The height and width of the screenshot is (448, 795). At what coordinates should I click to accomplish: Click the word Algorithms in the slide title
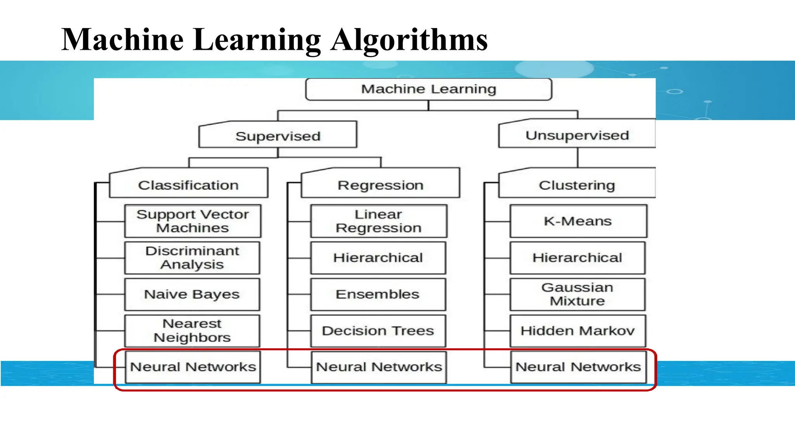pos(409,40)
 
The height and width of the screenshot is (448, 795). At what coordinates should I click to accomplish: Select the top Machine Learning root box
pos(429,89)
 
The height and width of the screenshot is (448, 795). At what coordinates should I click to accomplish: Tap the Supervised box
pos(278,136)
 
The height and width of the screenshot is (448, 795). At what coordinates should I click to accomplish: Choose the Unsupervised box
pos(577,135)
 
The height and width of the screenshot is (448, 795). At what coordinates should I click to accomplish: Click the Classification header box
pos(189,185)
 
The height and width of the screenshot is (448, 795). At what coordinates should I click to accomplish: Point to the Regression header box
pos(380,185)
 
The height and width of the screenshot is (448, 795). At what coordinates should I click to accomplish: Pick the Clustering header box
pos(577,185)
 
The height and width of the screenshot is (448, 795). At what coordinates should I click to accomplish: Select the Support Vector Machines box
pos(193,221)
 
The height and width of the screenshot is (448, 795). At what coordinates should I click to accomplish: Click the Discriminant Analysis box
pos(192,258)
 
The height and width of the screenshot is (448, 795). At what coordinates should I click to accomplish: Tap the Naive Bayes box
pos(192,294)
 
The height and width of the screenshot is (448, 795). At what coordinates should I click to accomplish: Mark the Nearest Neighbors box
pos(192,331)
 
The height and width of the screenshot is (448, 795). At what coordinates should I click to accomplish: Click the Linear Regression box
pos(378,221)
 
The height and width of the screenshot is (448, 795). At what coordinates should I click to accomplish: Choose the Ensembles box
pos(378,294)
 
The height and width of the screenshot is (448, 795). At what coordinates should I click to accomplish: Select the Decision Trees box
pos(378,331)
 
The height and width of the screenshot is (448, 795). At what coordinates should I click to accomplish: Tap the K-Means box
pos(578,221)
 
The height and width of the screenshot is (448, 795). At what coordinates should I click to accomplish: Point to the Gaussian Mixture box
pos(578,294)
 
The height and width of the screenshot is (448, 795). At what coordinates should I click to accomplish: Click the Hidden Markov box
pos(578,331)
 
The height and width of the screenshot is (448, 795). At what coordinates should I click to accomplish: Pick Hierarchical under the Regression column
pos(378,258)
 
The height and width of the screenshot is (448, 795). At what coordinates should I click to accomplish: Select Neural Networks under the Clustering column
pos(578,367)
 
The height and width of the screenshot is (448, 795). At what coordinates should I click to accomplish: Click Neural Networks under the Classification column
pos(193,367)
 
